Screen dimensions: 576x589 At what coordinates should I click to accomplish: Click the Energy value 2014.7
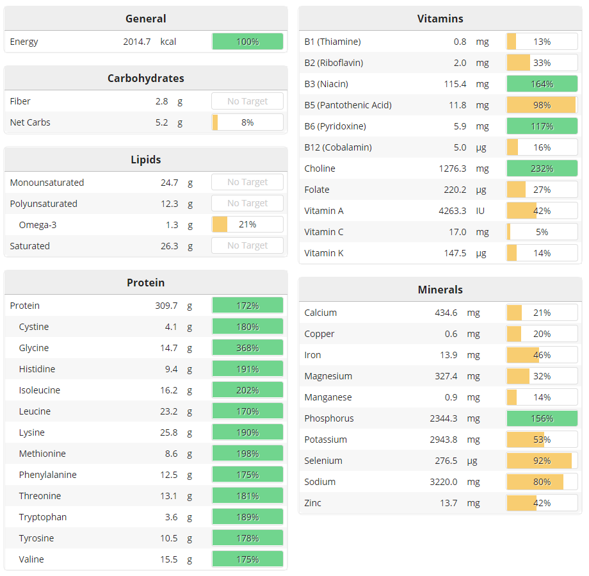point(136,42)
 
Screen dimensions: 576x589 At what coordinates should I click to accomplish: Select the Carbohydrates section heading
point(145,78)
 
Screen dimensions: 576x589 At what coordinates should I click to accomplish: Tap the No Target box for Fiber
point(247,101)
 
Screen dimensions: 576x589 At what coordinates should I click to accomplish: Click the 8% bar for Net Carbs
point(247,122)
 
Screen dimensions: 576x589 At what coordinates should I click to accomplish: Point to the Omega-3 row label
point(37,225)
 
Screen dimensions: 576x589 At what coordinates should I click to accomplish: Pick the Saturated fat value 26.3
point(169,246)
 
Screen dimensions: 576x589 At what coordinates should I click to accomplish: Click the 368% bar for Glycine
point(247,348)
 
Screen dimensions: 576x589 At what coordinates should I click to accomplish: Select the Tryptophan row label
point(42,517)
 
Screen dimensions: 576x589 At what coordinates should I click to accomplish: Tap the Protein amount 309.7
point(166,306)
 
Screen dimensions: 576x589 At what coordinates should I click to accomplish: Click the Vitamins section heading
point(440,19)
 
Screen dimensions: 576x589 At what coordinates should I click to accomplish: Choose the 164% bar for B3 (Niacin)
point(542,84)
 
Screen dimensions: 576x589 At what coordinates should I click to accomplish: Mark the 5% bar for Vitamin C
point(542,232)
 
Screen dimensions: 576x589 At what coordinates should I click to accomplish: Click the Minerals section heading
point(440,290)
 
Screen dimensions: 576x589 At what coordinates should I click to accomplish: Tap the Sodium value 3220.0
point(444,482)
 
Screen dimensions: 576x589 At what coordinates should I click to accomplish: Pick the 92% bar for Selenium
point(542,461)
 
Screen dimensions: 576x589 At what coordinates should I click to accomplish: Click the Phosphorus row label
point(328,418)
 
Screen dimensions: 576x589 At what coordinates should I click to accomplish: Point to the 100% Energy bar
point(247,42)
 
